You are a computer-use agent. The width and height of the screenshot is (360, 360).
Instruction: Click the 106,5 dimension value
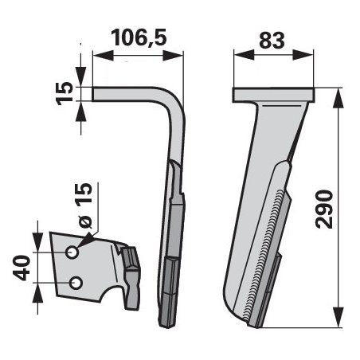point(139,38)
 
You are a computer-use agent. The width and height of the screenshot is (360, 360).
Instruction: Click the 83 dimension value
point(272,41)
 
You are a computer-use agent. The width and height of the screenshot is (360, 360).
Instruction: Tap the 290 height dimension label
point(324,209)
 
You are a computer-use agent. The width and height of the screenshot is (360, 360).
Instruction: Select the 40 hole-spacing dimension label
point(21,268)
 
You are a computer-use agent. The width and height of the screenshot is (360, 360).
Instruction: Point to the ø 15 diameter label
point(84,205)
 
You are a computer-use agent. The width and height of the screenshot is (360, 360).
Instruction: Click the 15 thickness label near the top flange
point(65,93)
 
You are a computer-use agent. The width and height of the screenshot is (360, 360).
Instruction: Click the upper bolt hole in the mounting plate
point(72,252)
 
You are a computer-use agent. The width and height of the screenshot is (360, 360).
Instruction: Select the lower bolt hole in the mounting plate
point(76,283)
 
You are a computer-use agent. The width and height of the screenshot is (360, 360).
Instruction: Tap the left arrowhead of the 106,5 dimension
point(103,56)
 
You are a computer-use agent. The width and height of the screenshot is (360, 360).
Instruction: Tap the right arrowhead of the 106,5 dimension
point(173,56)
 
